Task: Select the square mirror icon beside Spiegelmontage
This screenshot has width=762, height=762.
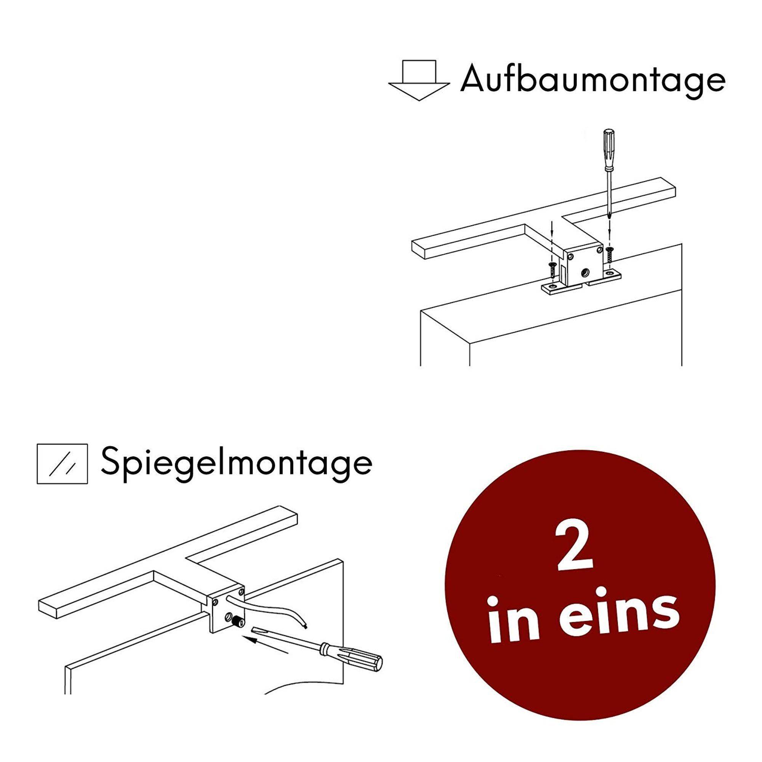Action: (x=62, y=464)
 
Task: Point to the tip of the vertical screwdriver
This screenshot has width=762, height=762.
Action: (x=610, y=216)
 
